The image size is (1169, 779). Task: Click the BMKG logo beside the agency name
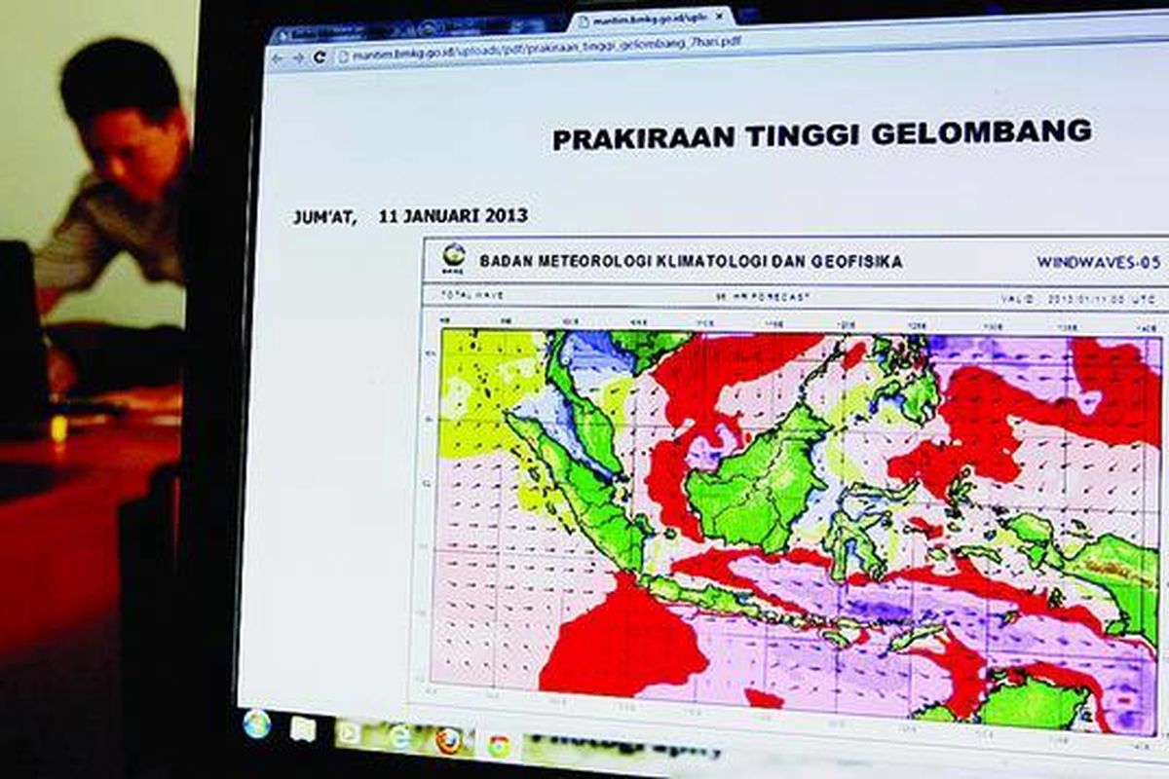[453, 256]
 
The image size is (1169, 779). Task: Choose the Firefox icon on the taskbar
[448, 740]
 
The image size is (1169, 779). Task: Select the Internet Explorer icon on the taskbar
[400, 736]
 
